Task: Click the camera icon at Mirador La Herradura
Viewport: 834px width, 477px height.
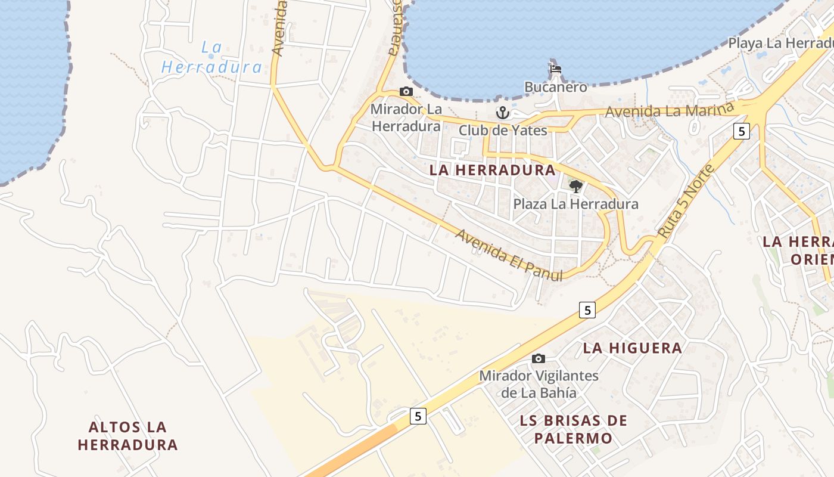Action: click(406, 91)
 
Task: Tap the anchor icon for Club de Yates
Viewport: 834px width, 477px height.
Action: click(503, 112)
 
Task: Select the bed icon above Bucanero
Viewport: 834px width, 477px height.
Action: click(556, 69)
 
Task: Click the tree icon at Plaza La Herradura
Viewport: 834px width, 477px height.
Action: click(575, 187)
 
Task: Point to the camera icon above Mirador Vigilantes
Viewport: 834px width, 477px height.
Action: click(539, 358)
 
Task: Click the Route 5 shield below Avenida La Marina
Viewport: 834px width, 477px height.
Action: click(741, 131)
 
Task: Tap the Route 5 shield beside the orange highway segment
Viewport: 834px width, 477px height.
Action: click(419, 416)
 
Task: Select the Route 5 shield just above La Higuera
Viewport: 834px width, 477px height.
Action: click(587, 309)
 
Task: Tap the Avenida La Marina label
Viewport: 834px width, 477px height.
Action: click(668, 111)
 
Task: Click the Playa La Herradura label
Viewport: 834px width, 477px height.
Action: click(780, 44)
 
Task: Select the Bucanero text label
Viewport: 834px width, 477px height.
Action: click(556, 87)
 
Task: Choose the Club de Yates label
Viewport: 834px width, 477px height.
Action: click(503, 130)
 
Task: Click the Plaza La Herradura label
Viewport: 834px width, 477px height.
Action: click(575, 204)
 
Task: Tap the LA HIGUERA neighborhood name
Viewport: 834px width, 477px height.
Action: click(633, 348)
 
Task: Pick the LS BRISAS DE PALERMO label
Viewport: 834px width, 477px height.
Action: click(573, 429)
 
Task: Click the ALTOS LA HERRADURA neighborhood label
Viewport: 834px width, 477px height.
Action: click(127, 436)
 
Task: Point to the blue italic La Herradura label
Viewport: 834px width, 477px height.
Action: click(211, 57)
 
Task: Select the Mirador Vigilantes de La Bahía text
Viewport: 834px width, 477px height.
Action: click(539, 384)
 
